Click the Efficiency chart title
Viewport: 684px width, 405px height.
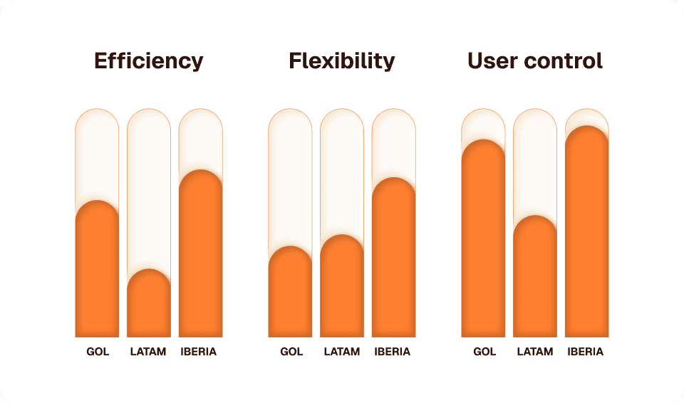click(149, 61)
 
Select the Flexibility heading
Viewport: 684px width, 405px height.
click(341, 61)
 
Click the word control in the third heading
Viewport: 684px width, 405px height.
click(563, 61)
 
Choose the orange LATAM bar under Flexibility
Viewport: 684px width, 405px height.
click(342, 288)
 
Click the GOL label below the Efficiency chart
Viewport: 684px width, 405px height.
click(98, 352)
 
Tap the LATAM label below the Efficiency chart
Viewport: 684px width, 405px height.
click(149, 352)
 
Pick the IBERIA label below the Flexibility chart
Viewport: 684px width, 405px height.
click(393, 352)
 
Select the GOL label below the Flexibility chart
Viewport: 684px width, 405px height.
click(291, 352)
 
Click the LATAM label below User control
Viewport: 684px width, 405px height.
click(535, 352)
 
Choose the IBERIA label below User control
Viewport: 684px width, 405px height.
click(586, 352)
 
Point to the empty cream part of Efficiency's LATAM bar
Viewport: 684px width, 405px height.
click(149, 192)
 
